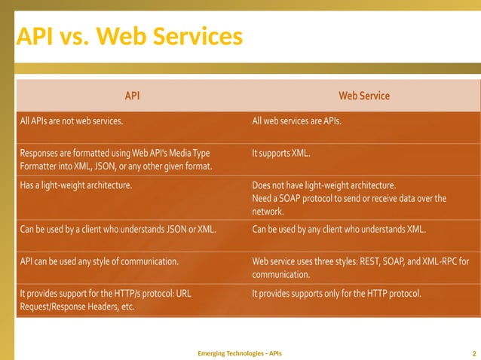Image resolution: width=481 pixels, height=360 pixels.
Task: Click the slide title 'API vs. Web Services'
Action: pyautogui.click(x=130, y=35)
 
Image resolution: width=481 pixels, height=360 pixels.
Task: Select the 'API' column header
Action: pyautogui.click(x=132, y=96)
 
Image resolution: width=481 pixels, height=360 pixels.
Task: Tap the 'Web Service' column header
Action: pyautogui.click(x=364, y=96)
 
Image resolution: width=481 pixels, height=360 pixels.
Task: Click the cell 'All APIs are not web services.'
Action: pyautogui.click(x=72, y=120)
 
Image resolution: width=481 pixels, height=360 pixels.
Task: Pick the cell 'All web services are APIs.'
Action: pyautogui.click(x=296, y=120)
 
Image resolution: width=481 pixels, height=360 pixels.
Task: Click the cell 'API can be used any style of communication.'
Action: pyautogui.click(x=99, y=262)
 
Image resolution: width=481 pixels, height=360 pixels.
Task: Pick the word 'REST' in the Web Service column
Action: pyautogui.click(x=367, y=262)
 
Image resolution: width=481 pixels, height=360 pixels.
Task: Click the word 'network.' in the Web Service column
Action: pyautogui.click(x=268, y=212)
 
